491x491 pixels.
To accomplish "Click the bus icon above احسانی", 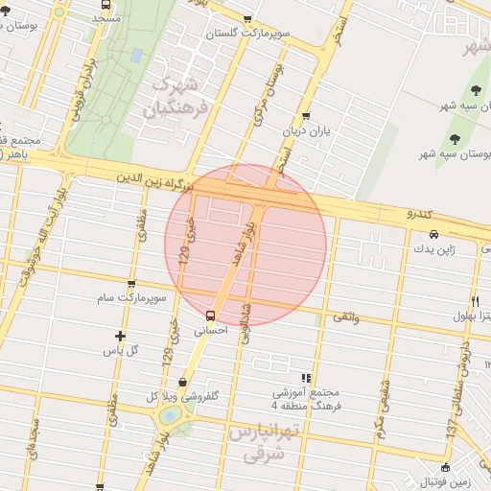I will click(211, 316).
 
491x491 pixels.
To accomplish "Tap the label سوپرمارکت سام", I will click(132, 298).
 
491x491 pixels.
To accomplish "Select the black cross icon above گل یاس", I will click(120, 336).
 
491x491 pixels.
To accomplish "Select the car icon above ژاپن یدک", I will click(434, 234).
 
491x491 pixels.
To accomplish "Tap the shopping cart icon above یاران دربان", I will click(306, 116).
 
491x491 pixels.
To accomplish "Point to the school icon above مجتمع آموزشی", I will click(306, 378).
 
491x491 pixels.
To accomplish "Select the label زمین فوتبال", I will click(452, 481).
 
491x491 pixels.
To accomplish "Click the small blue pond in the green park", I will click(136, 55).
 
